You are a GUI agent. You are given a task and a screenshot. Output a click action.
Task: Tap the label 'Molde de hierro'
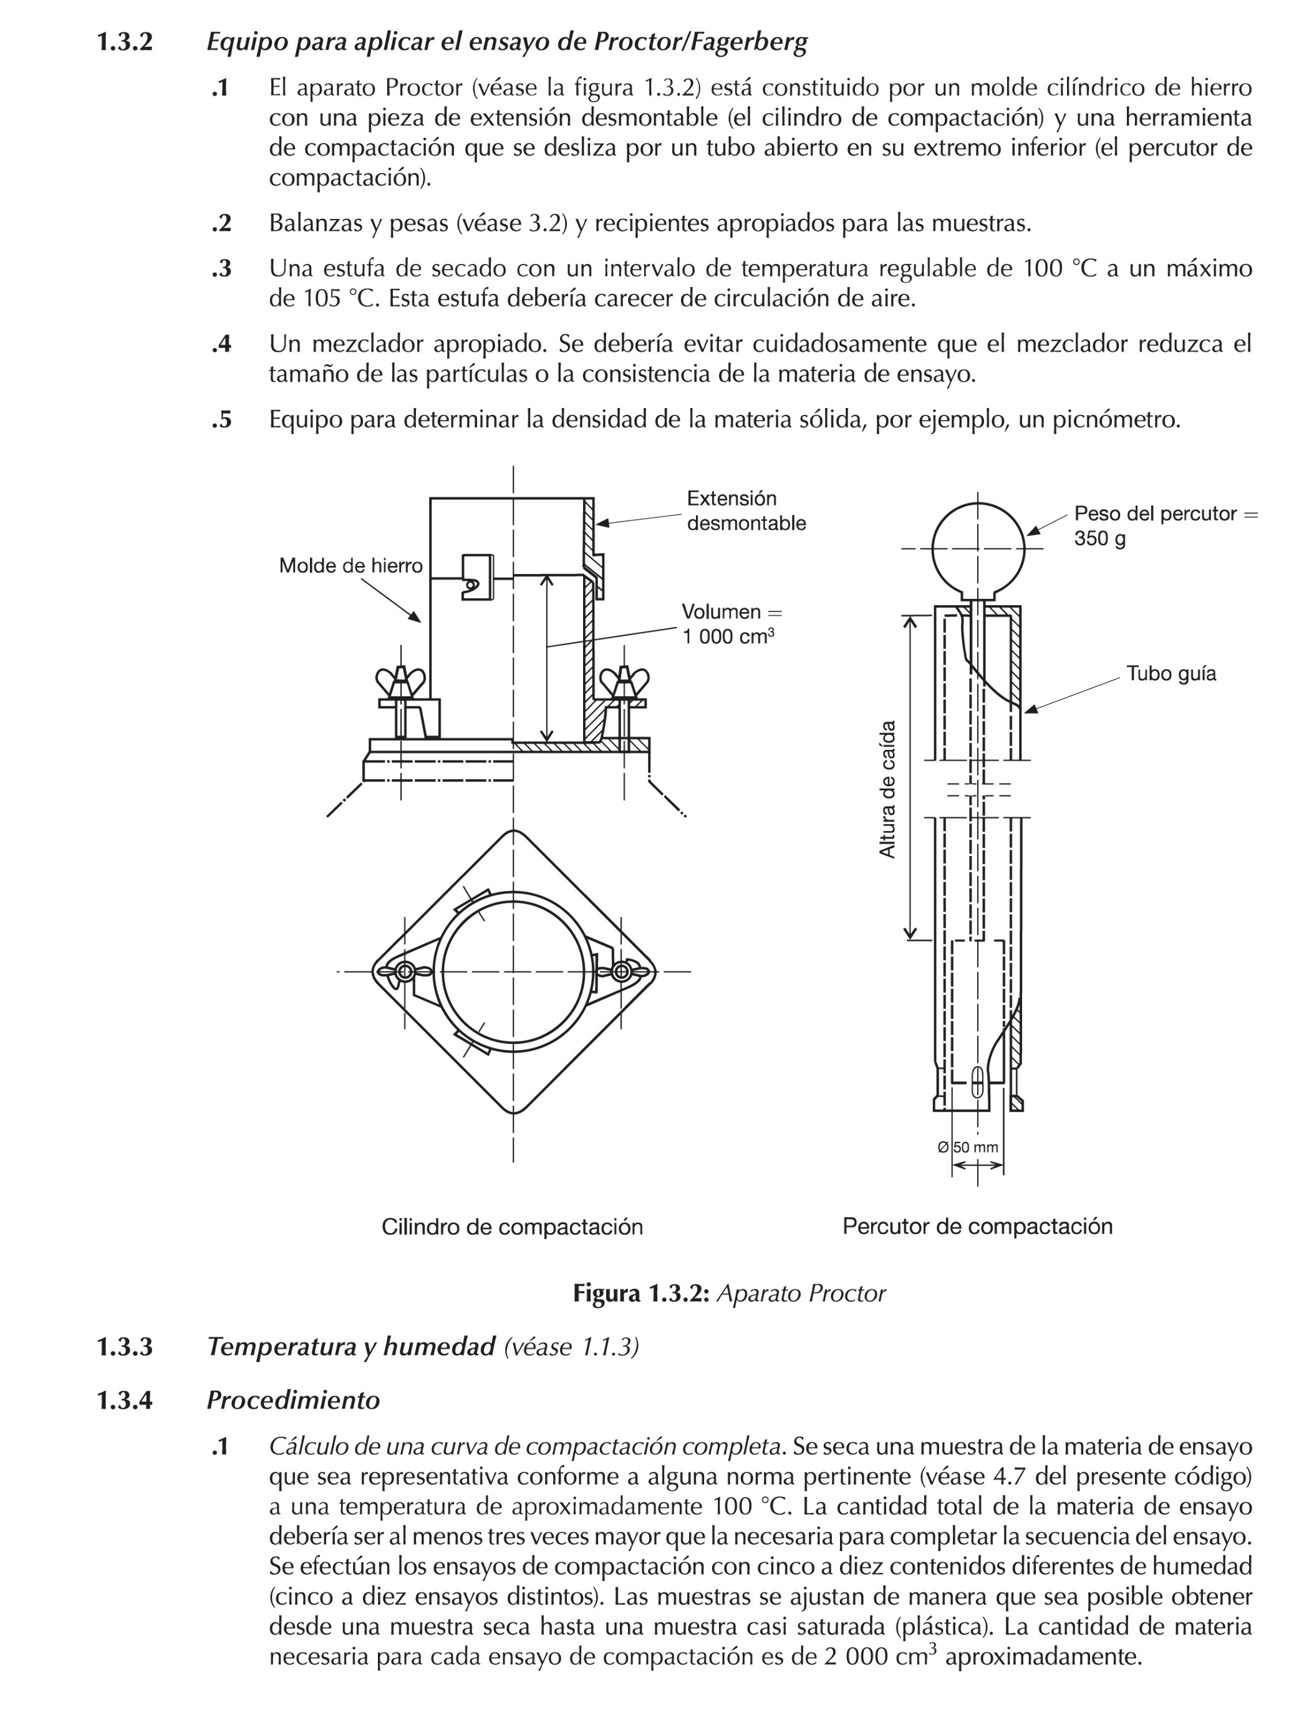pos(350,565)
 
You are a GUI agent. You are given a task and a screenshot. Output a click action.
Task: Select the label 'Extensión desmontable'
pos(745,510)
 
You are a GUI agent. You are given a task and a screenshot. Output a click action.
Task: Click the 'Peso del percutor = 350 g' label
pos(1165,525)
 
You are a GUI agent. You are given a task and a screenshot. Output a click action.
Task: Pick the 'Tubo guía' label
pos(1171,673)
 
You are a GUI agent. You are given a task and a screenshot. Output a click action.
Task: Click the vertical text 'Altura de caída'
pos(887,789)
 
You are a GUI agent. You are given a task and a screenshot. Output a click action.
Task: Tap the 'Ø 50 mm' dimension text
pos(968,1148)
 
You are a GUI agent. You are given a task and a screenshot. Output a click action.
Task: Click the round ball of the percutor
pos(977,548)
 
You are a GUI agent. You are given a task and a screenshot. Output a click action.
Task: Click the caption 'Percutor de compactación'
pos(977,1226)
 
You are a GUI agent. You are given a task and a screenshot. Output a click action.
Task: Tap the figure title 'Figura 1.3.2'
pos(641,1293)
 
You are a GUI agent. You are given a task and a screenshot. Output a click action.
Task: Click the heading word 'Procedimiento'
pos(292,1400)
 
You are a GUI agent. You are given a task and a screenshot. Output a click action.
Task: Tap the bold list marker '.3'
pos(221,268)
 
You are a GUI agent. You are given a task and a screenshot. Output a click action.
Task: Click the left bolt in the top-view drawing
pos(405,971)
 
